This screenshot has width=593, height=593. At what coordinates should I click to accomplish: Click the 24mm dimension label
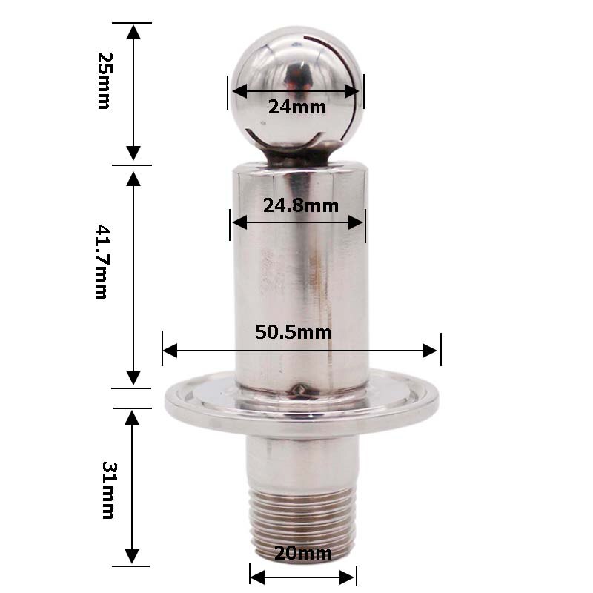[x=296, y=107]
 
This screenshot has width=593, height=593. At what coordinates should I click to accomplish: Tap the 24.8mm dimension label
[x=300, y=205]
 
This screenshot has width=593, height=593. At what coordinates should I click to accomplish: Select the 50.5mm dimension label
[x=293, y=332]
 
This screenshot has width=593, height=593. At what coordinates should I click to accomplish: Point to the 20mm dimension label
[x=303, y=553]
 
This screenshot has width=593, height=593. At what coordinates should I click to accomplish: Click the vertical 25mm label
[x=104, y=80]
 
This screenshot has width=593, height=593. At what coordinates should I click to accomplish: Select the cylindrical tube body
[x=300, y=282]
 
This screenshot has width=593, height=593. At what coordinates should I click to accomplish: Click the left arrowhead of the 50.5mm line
[x=170, y=350]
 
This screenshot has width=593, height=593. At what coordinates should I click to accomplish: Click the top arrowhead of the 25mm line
[x=133, y=31]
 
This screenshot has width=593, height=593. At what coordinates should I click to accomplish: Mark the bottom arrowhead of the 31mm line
[x=133, y=557]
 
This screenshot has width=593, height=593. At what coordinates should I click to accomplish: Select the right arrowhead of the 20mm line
[x=349, y=574]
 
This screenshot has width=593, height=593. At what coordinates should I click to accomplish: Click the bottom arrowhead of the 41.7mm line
[x=133, y=378]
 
